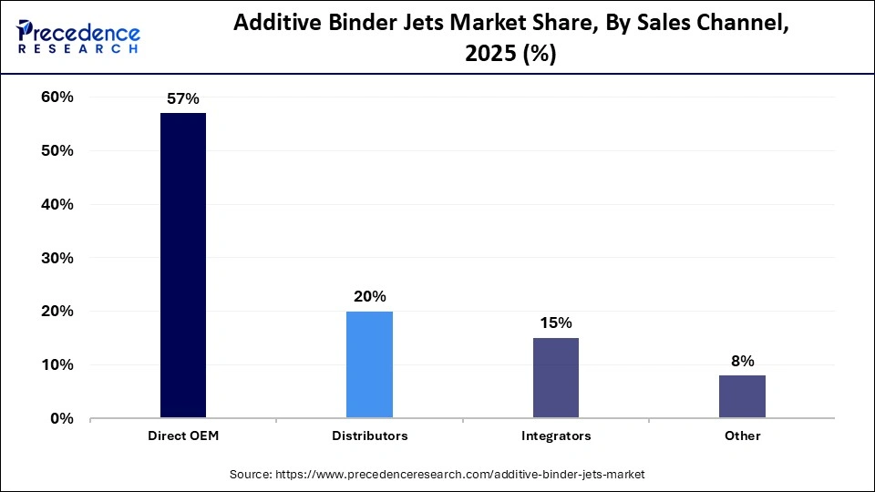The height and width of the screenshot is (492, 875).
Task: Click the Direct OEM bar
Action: [x=183, y=265]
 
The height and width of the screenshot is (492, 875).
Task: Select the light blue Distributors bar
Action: [x=369, y=364]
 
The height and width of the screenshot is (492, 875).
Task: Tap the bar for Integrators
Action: [x=555, y=378]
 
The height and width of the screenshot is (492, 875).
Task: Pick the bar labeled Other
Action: [x=742, y=396]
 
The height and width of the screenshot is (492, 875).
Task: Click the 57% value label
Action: [x=182, y=99]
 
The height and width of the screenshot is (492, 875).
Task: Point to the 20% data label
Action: [x=369, y=297]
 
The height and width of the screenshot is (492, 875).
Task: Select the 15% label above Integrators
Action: [x=555, y=323]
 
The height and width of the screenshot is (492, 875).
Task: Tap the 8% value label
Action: [x=742, y=361]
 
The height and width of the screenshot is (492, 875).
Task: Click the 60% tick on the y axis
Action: [x=56, y=97]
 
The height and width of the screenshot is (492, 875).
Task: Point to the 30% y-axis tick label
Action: [x=56, y=258]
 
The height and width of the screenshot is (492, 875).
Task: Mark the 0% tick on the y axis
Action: [x=60, y=419]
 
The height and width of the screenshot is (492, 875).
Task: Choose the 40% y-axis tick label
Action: [x=56, y=205]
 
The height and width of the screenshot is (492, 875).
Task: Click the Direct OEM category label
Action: [x=183, y=436]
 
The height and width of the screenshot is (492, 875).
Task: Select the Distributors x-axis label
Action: [x=369, y=436]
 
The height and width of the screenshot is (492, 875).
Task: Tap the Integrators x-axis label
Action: [x=556, y=436]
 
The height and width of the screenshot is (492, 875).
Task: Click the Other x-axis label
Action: [x=742, y=436]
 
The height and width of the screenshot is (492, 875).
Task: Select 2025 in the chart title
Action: [x=489, y=54]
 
